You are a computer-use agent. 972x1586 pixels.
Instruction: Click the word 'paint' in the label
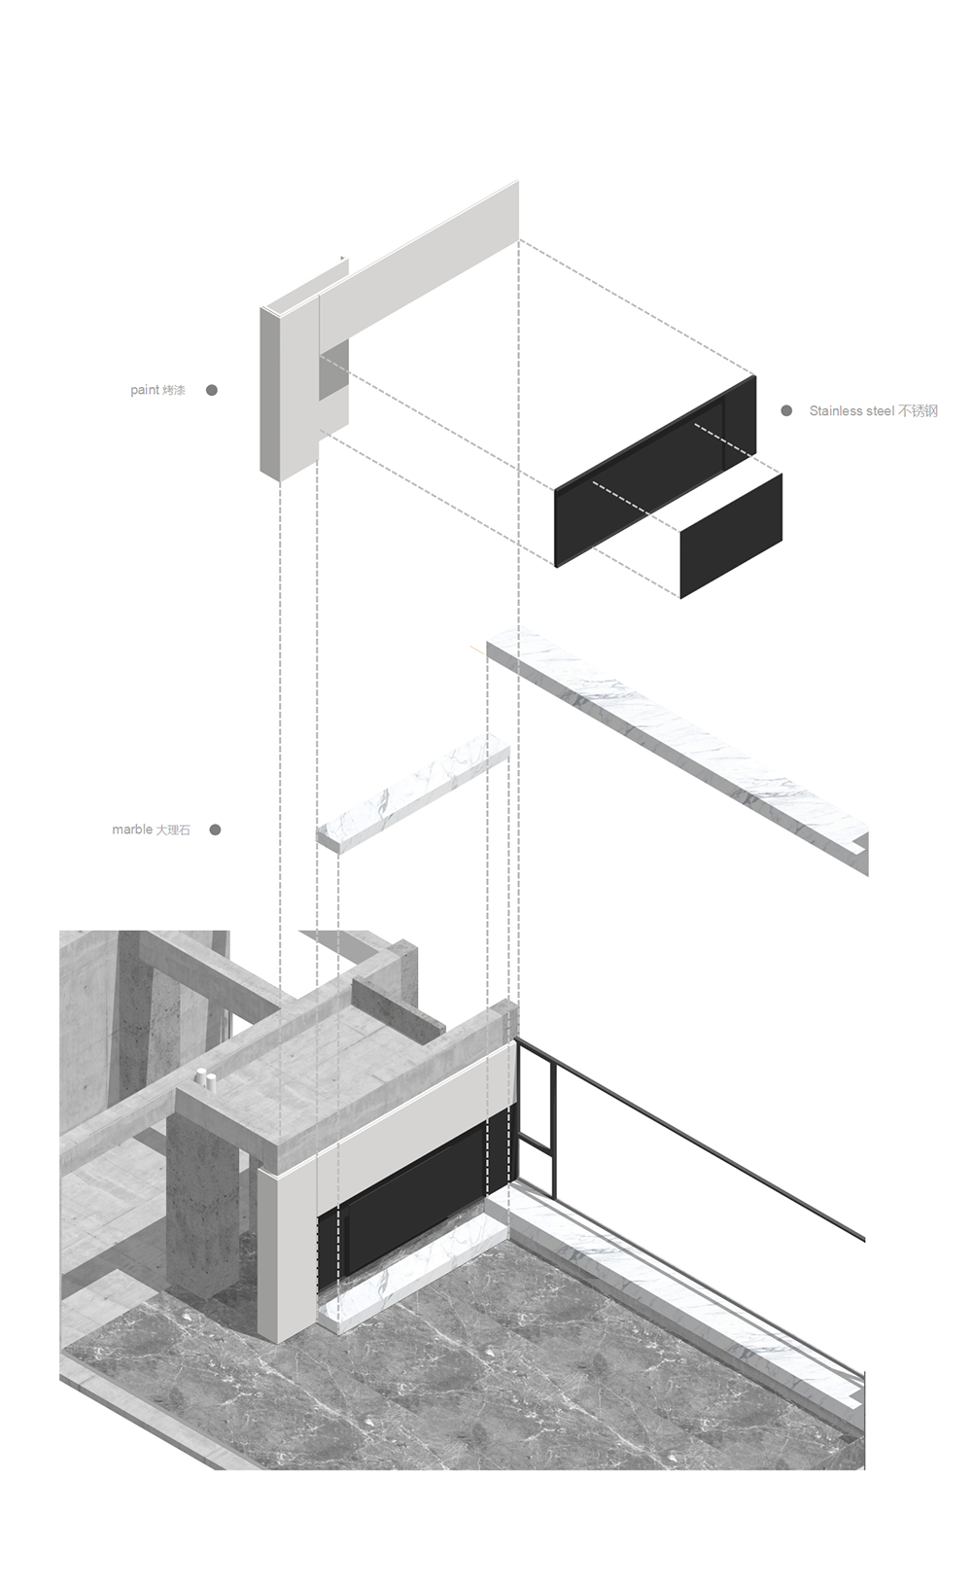pos(145,390)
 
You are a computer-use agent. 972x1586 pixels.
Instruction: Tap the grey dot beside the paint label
pos(211,390)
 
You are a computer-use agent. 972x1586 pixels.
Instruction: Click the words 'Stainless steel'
pos(851,410)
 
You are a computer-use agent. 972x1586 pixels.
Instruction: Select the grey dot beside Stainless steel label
pos(785,410)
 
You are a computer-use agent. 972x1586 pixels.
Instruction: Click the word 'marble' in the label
pos(131,829)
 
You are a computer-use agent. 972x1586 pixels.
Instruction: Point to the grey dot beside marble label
pos(215,829)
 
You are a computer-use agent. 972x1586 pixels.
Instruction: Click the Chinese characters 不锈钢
pos(918,410)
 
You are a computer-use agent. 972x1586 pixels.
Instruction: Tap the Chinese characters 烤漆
pos(173,390)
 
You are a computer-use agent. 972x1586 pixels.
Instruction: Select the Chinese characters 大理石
pos(173,829)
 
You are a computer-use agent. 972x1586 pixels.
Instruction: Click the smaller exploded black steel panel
pos(731,536)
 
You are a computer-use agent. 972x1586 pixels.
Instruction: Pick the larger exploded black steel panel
pos(655,471)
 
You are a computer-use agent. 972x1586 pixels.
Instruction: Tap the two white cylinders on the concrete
pos(206,1099)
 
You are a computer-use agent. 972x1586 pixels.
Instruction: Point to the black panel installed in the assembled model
pos(418,1204)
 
